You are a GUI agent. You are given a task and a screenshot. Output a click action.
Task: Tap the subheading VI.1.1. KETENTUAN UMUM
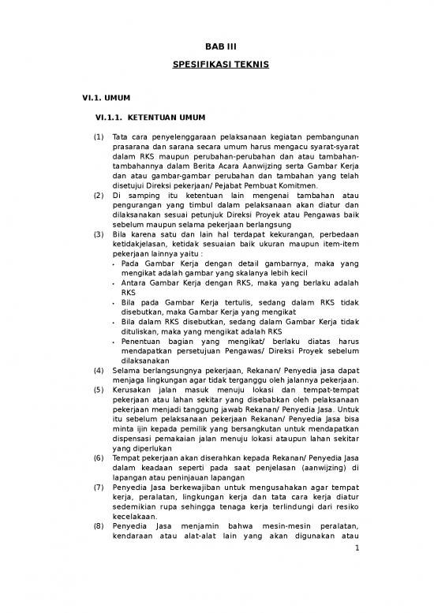[x=150, y=118]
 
